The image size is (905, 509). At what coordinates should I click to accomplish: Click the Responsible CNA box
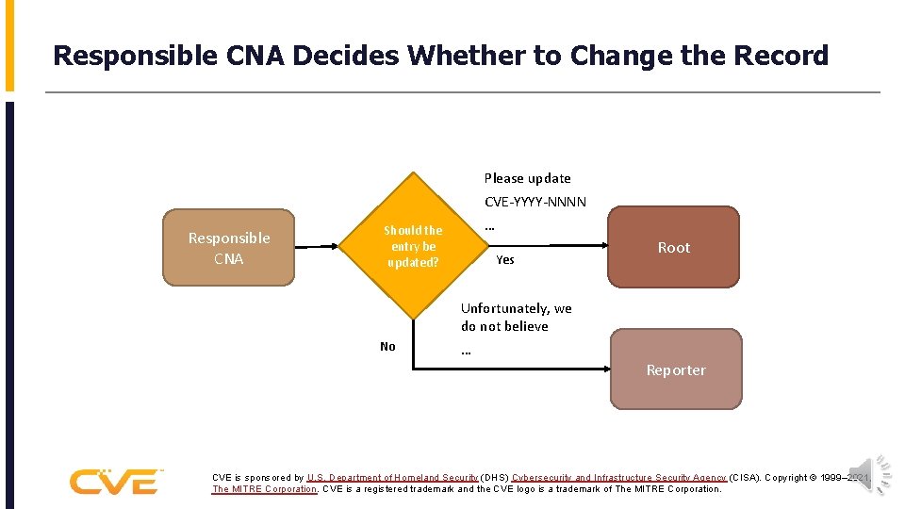[228, 248]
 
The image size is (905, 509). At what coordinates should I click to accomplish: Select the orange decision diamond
[413, 246]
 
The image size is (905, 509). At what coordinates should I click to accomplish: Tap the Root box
[673, 247]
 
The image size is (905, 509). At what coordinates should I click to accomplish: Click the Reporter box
[675, 369]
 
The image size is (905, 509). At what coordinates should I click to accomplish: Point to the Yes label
[505, 260]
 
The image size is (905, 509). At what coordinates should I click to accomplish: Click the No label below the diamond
[387, 347]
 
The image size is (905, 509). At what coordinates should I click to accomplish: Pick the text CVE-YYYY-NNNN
[535, 202]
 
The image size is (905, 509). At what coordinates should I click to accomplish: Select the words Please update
[527, 178]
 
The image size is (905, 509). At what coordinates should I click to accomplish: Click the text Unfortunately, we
[516, 308]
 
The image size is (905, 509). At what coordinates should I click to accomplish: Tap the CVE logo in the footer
[115, 481]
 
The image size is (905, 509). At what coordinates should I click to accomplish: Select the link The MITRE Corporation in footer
[265, 489]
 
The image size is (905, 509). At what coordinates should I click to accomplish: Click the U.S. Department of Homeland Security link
[392, 478]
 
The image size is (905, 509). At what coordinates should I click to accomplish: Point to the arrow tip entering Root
[603, 245]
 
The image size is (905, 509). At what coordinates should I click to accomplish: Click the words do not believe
[504, 326]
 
